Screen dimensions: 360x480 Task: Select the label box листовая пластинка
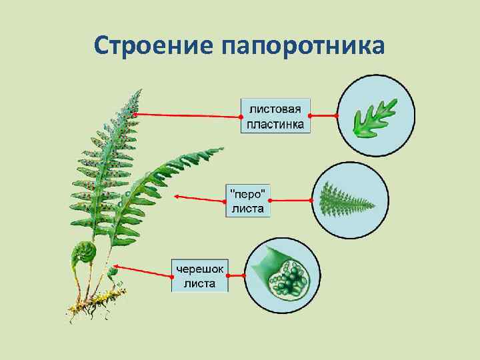click(275, 115)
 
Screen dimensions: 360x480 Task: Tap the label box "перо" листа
click(247, 200)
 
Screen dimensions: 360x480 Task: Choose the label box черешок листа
click(199, 275)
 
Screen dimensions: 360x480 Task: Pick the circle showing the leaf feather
click(349, 199)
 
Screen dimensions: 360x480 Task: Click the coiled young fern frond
click(85, 253)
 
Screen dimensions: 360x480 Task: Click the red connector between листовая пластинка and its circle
click(324, 116)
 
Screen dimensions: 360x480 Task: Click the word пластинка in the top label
click(275, 124)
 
